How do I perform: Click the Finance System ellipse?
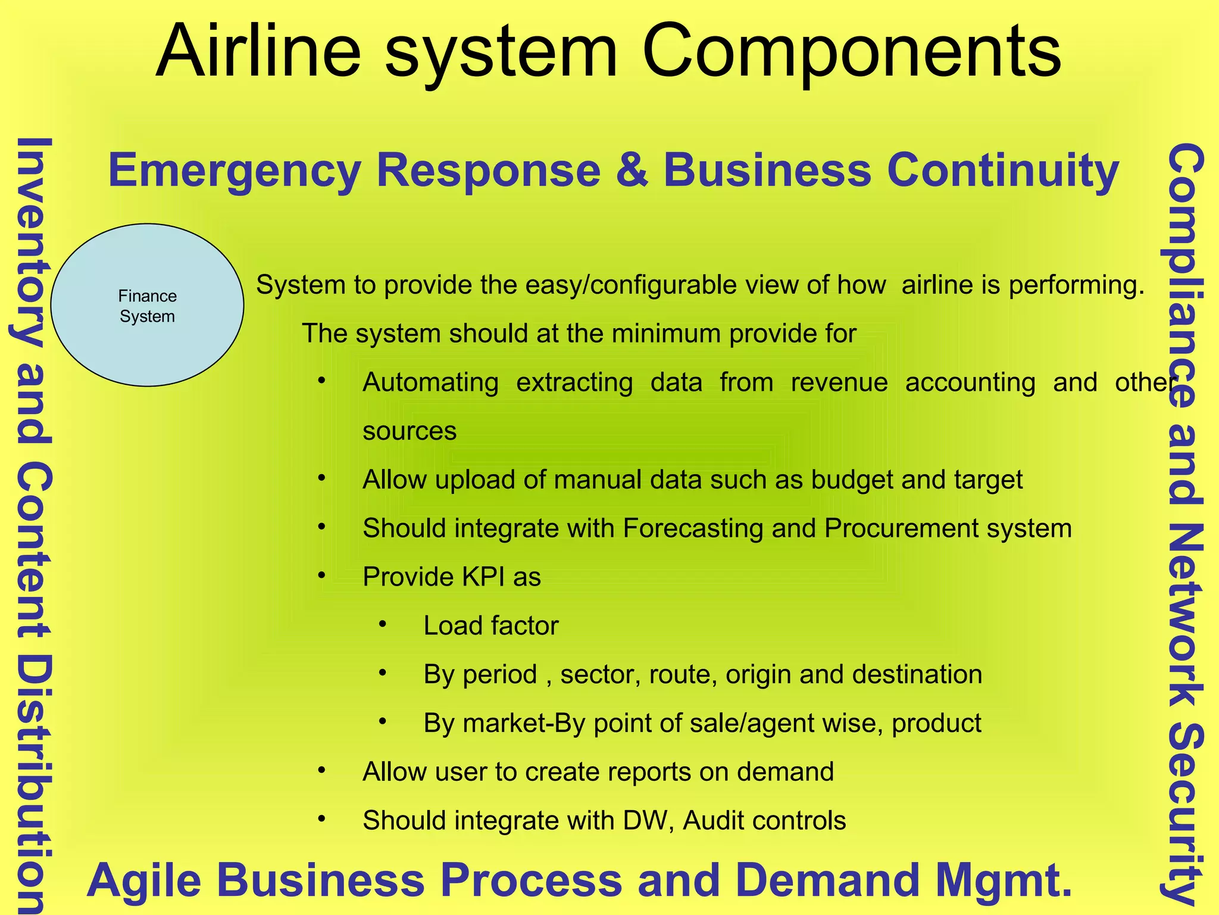147,306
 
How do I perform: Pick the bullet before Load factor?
383,624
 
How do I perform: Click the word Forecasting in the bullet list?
693,528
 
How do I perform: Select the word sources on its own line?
410,431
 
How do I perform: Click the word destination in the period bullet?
917,674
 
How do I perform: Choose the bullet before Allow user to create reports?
322,770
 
